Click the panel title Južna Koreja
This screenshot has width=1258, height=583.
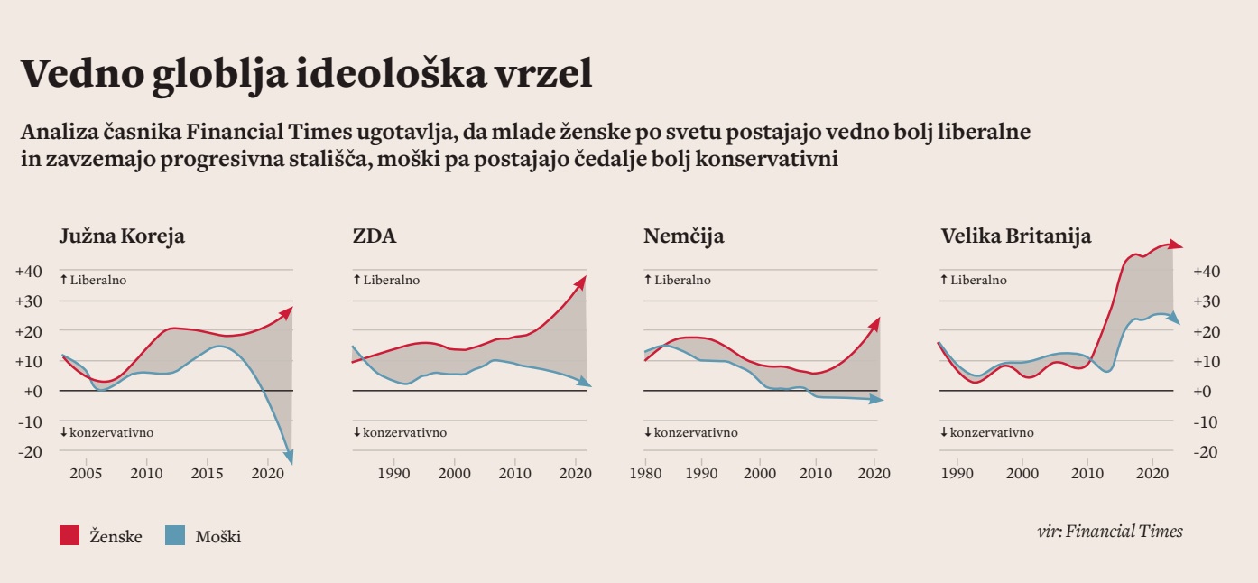(x=122, y=237)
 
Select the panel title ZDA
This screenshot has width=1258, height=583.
(x=375, y=237)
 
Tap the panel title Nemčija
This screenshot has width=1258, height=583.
(x=683, y=237)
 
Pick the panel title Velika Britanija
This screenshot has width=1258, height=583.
(x=1015, y=237)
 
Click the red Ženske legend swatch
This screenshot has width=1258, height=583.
(x=70, y=536)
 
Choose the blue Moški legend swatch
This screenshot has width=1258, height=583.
(x=175, y=536)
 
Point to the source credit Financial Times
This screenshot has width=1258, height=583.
(x=1124, y=531)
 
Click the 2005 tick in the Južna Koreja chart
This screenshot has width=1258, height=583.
(x=86, y=474)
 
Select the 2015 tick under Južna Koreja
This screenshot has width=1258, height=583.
(x=207, y=474)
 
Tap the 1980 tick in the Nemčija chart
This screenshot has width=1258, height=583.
(x=644, y=474)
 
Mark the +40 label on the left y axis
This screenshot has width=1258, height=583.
(x=29, y=272)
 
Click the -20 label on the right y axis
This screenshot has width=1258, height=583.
(x=1207, y=452)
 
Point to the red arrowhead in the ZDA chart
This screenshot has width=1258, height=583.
(x=580, y=282)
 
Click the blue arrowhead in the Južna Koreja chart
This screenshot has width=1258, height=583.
(x=289, y=457)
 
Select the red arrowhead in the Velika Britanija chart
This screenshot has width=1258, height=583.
(x=1174, y=244)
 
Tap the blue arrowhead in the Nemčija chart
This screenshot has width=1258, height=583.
(x=877, y=398)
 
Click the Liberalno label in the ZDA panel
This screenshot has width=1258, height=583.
(x=391, y=281)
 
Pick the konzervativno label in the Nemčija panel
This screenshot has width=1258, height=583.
(x=695, y=433)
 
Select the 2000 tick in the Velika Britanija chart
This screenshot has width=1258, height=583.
(x=1022, y=474)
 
